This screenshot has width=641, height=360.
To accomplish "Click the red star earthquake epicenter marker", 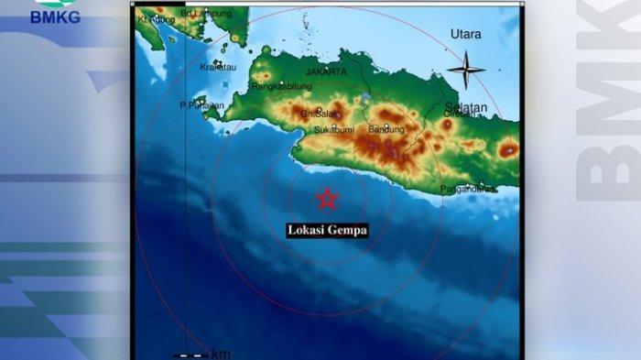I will click(x=327, y=198).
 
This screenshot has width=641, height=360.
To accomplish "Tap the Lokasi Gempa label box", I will click(x=327, y=231).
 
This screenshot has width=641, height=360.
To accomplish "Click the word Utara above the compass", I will click(x=465, y=34).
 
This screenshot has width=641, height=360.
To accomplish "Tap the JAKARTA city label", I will click(x=326, y=71).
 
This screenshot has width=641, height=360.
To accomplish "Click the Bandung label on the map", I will click(x=386, y=129).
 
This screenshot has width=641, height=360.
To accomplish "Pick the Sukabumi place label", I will click(x=334, y=130).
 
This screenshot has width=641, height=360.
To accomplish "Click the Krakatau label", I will click(x=216, y=67).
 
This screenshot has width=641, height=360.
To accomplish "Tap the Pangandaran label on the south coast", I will click(x=469, y=189).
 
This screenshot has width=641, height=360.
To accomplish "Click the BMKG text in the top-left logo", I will click(x=55, y=17).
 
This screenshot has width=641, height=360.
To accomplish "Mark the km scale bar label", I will click(x=221, y=354).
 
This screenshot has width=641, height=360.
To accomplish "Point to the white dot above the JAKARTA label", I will click(x=326, y=62).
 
